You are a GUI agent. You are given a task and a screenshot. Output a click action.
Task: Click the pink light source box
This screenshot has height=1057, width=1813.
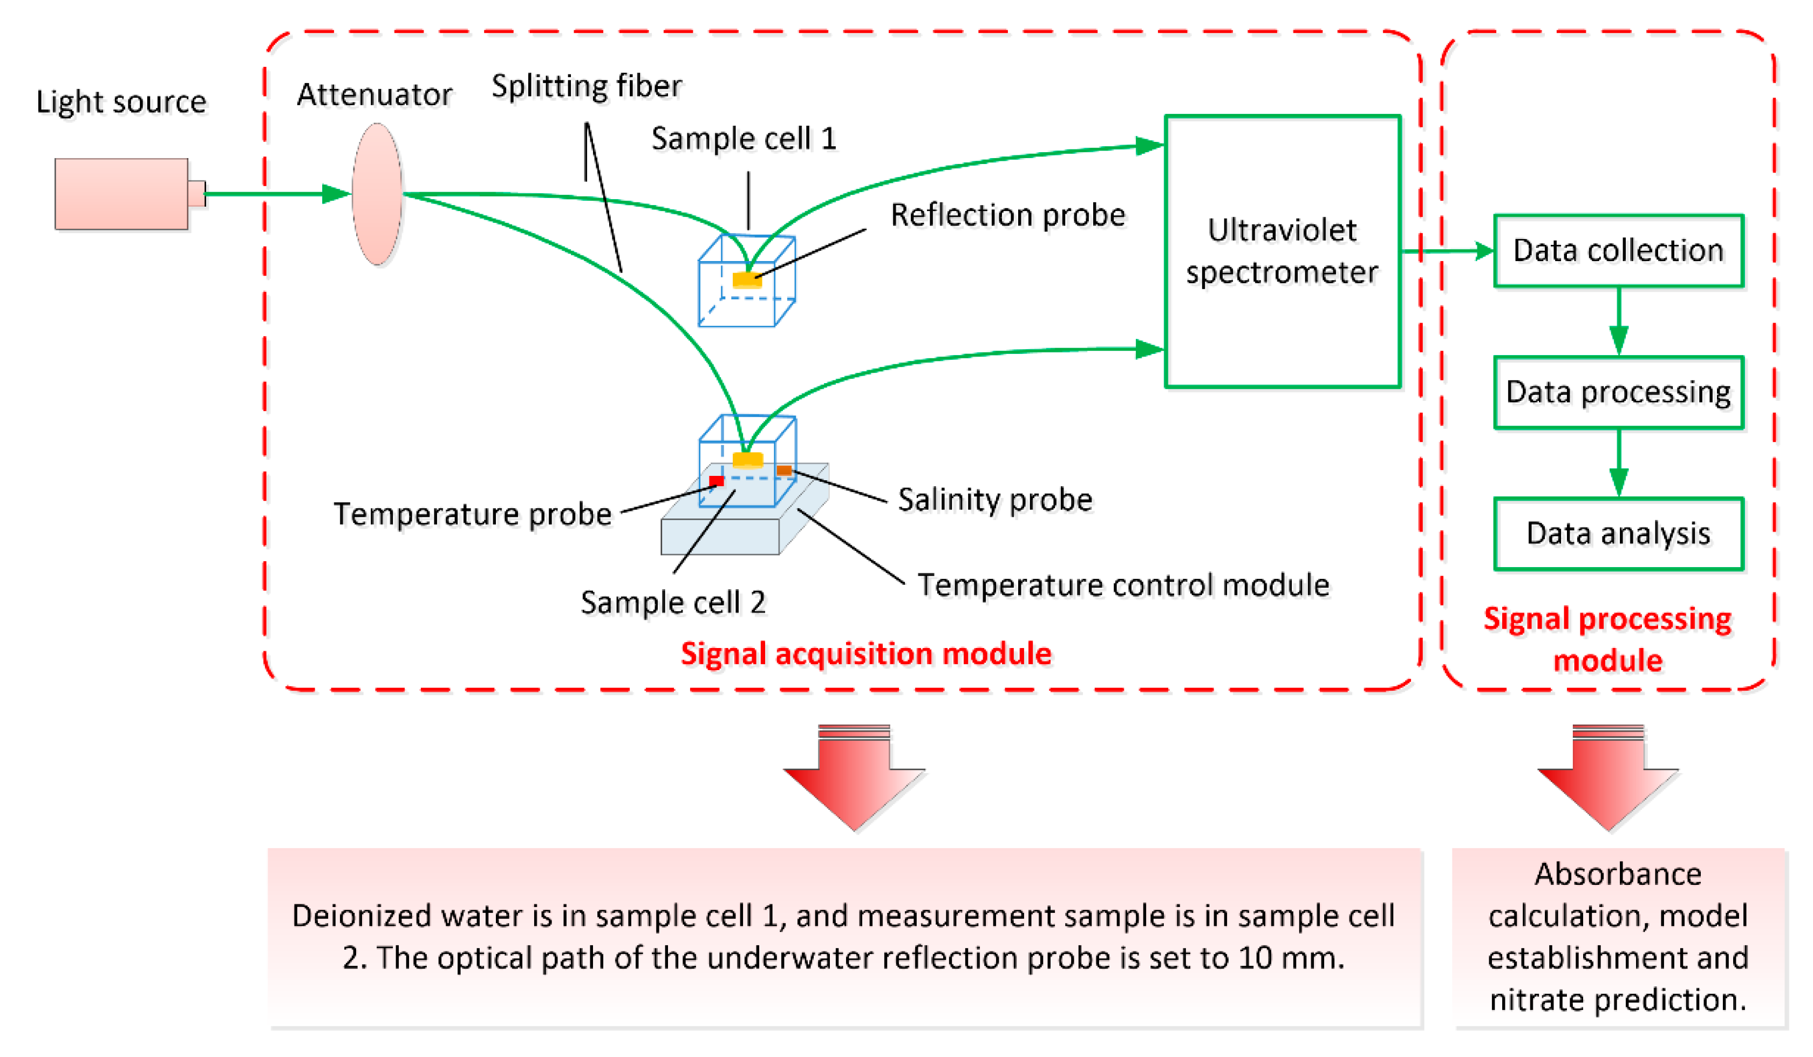121,194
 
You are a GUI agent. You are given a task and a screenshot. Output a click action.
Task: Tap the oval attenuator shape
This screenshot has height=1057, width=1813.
377,194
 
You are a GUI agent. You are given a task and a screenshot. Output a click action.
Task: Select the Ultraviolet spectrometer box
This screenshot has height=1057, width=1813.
1282,251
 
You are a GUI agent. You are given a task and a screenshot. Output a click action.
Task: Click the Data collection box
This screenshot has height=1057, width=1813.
1618,250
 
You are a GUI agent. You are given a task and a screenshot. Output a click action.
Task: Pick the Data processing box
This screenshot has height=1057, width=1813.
1618,392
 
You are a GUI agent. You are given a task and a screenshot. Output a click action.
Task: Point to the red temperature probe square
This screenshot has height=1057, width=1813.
716,481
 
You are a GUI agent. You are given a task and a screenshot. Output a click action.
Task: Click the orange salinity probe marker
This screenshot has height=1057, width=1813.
783,470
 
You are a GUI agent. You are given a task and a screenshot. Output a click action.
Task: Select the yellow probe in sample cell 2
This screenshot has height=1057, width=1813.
747,460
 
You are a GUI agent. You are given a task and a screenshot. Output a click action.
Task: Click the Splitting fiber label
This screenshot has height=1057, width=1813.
587,86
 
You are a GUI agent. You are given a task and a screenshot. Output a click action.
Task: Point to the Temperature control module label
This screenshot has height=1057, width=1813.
1123,584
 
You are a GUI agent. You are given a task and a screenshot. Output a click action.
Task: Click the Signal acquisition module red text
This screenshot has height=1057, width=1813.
865,653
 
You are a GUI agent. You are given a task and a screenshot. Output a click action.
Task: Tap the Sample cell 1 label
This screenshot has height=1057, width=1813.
744,138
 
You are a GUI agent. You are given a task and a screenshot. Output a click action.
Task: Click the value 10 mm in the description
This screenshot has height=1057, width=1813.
1290,958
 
